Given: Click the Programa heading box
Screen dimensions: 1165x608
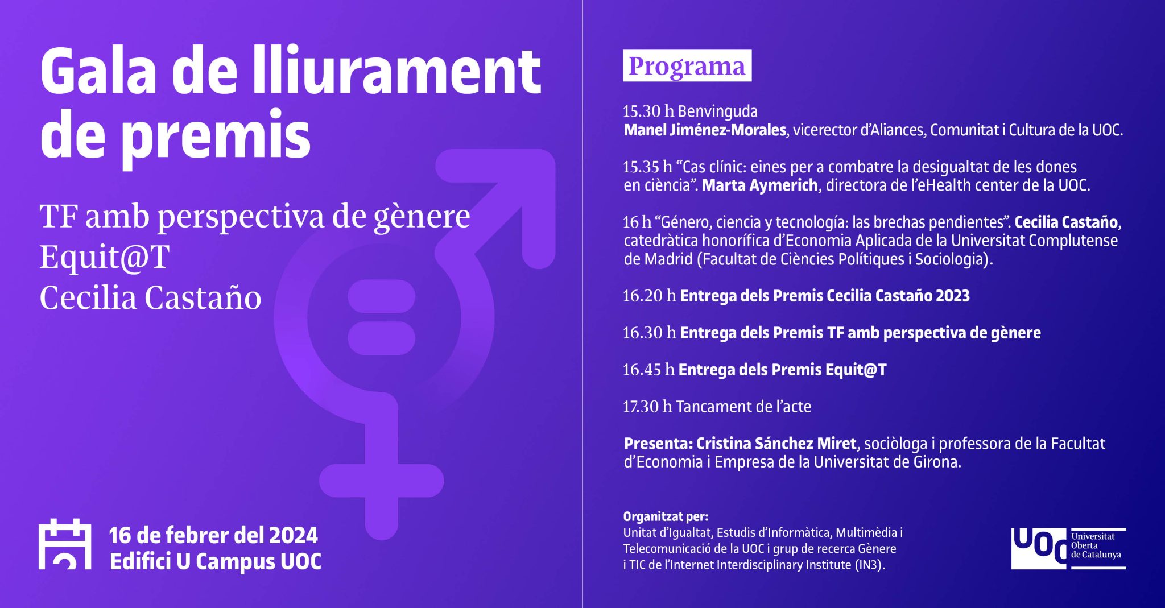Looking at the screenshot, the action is (x=687, y=66).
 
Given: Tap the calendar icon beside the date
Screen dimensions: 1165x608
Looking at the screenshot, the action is (x=65, y=544).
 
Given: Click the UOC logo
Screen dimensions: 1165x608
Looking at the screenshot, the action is (x=1068, y=548).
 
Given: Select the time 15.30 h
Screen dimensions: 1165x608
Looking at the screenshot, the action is (x=648, y=111).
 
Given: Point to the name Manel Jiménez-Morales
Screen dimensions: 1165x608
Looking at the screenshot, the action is (x=705, y=130).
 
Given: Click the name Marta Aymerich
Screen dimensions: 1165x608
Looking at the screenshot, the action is (x=760, y=185).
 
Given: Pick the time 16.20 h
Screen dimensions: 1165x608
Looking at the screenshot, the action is (x=650, y=296).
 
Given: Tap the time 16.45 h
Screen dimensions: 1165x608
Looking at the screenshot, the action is (x=648, y=370).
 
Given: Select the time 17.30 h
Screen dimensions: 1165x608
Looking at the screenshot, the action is (x=647, y=407).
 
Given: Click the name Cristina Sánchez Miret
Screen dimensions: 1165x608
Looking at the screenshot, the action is (x=776, y=444).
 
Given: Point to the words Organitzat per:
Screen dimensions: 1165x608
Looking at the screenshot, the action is (x=666, y=516).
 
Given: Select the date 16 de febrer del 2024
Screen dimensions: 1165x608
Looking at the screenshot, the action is (x=213, y=535).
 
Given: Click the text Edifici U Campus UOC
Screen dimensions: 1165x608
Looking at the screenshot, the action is (x=216, y=561).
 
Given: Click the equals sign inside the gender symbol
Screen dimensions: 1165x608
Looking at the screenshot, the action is (x=382, y=317).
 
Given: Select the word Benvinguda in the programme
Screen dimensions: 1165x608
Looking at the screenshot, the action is (x=718, y=111).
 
